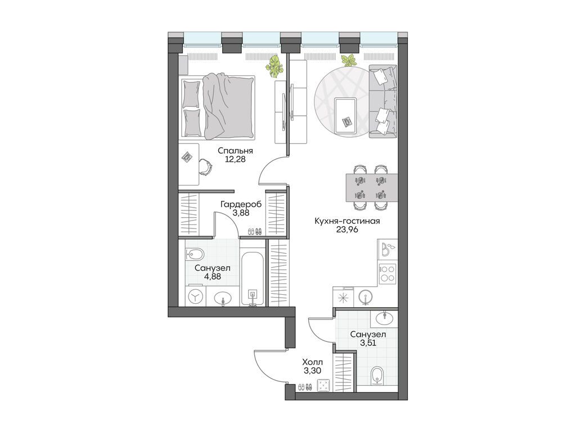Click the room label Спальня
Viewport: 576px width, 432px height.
[235, 151]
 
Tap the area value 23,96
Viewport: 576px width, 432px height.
[347, 230]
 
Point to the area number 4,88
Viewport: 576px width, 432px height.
[213, 277]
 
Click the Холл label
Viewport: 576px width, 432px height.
[313, 362]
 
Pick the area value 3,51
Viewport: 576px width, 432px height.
[368, 343]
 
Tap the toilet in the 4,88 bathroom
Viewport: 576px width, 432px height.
[195, 254]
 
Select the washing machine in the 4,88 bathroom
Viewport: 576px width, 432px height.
[195, 296]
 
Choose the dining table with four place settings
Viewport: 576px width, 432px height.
[372, 187]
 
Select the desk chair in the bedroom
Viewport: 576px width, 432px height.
[205, 166]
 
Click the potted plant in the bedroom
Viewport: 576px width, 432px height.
[275, 66]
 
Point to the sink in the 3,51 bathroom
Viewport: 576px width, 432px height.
[384, 317]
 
